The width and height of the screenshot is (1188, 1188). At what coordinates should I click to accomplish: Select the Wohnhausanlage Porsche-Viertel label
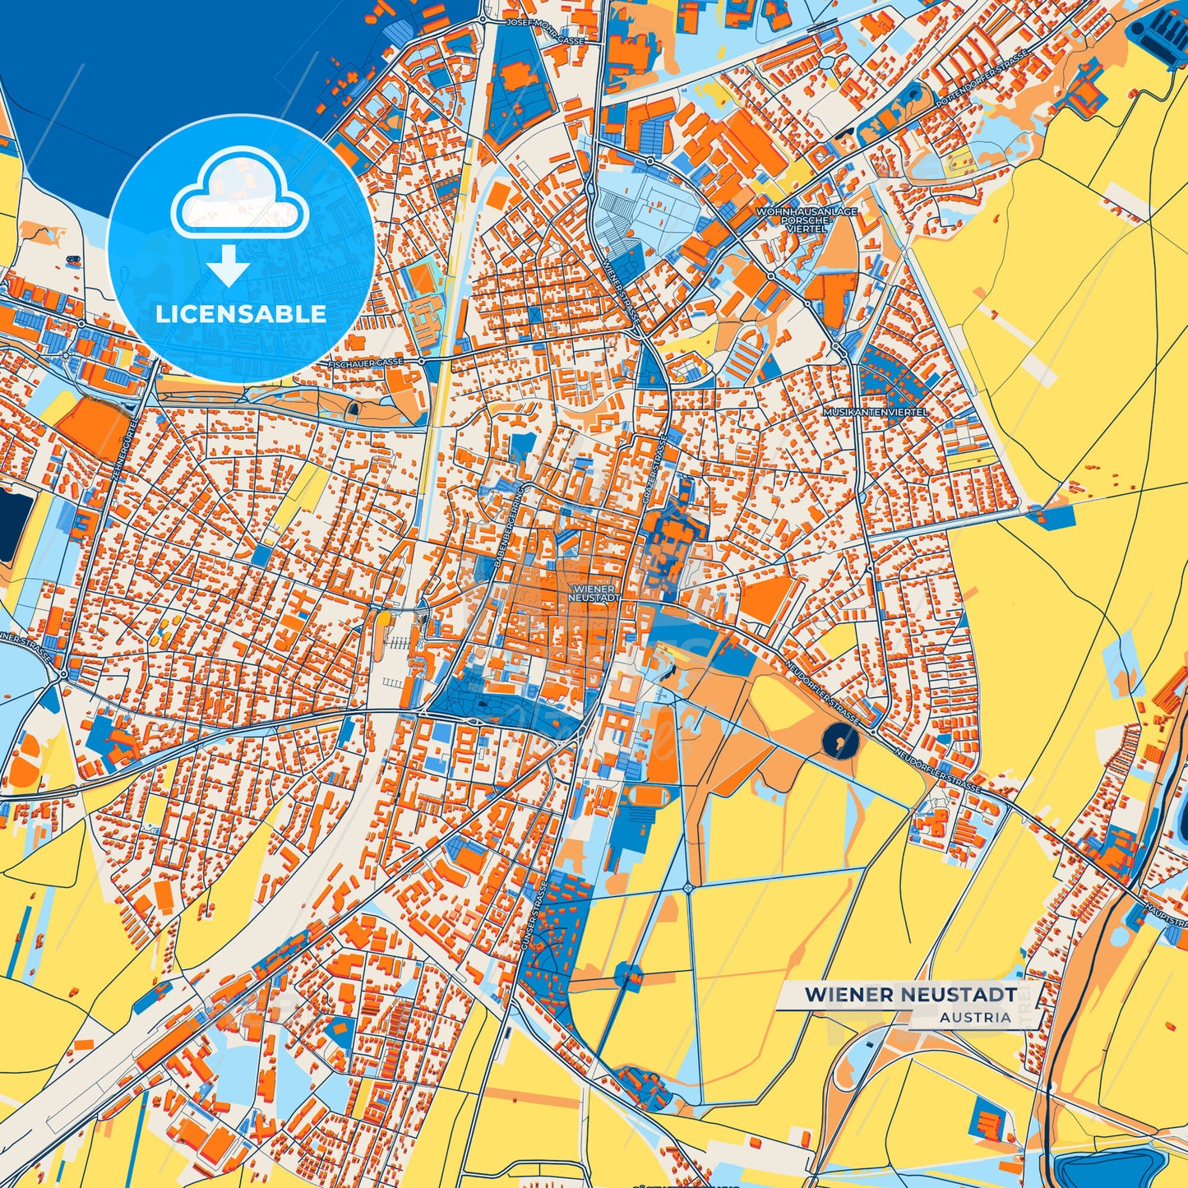pyautogui.click(x=807, y=220)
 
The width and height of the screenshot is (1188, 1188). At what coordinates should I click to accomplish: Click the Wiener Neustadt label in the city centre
pyautogui.click(x=594, y=594)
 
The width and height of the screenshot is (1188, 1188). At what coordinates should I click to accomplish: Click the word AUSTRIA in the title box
pyautogui.click(x=976, y=1017)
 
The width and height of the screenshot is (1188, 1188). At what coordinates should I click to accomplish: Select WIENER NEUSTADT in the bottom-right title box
pyautogui.click(x=910, y=994)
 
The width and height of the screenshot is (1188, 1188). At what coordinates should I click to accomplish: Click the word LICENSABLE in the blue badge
pyautogui.click(x=241, y=314)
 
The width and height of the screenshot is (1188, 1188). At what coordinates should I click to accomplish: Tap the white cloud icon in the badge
pyautogui.click(x=239, y=201)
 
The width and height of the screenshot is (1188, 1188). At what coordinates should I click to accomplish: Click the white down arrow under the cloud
pyautogui.click(x=229, y=266)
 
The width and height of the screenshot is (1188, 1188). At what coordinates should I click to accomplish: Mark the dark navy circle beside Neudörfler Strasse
pyautogui.click(x=839, y=742)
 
